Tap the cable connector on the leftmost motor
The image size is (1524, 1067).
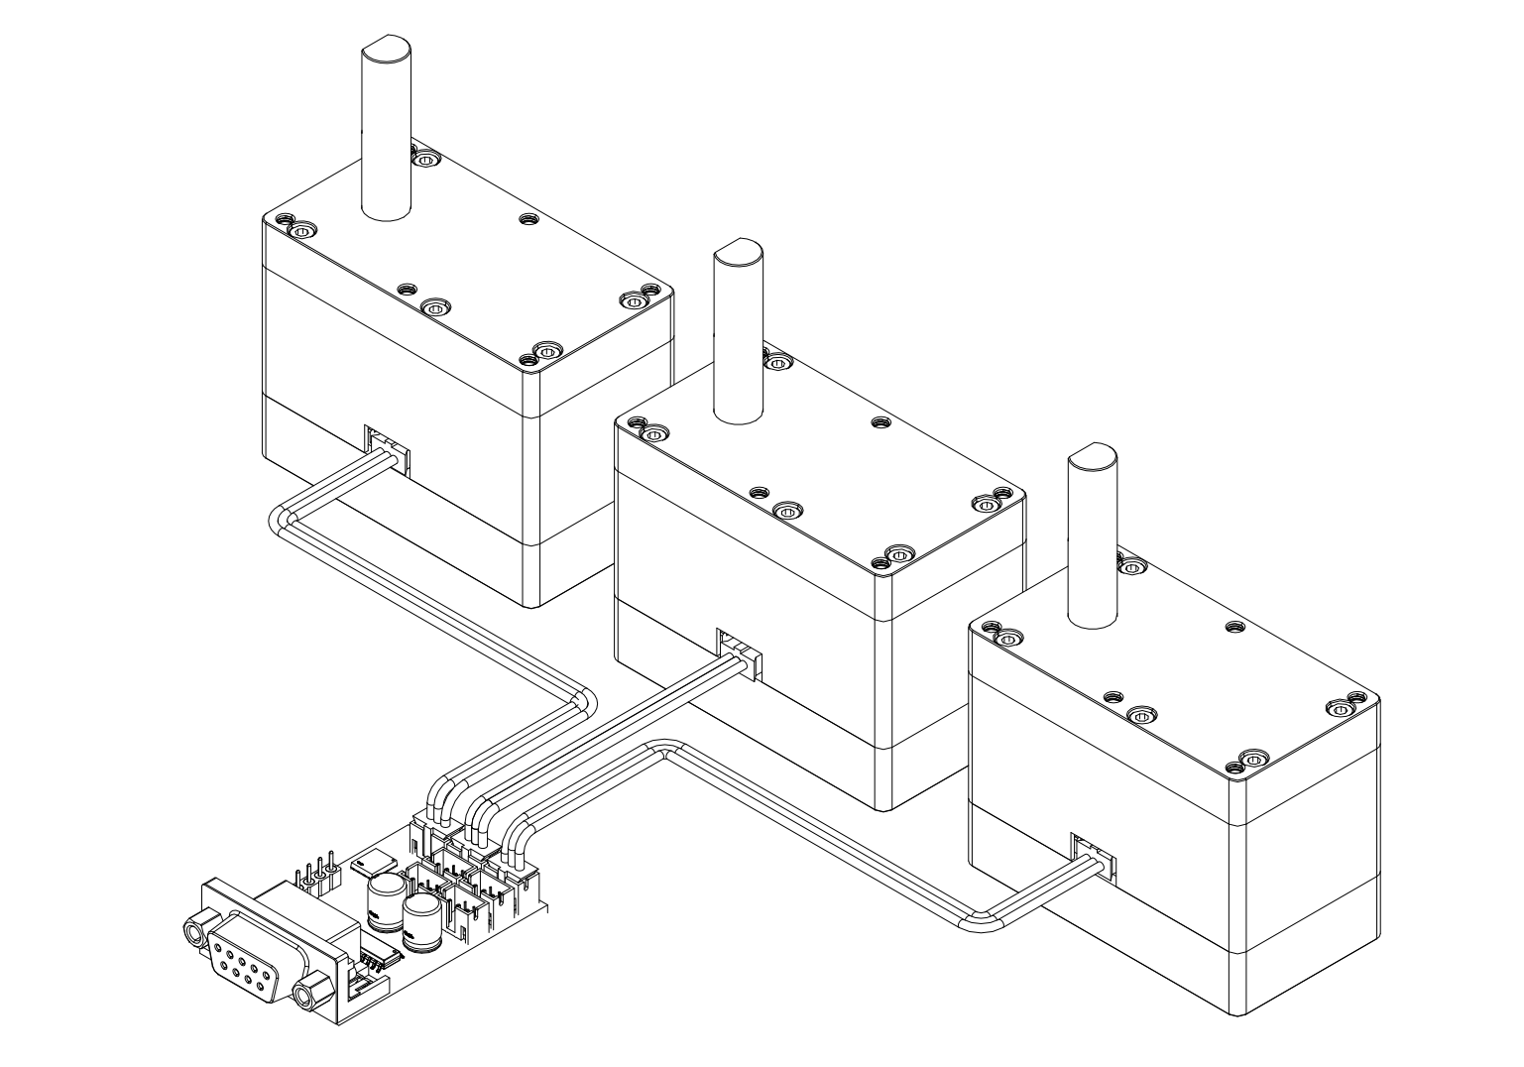click(x=387, y=447)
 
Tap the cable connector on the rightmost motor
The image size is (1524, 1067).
click(x=1093, y=856)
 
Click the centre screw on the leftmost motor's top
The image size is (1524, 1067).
click(x=433, y=307)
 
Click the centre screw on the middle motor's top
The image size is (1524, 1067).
click(x=786, y=512)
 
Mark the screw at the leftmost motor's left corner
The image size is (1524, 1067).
click(x=301, y=230)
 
